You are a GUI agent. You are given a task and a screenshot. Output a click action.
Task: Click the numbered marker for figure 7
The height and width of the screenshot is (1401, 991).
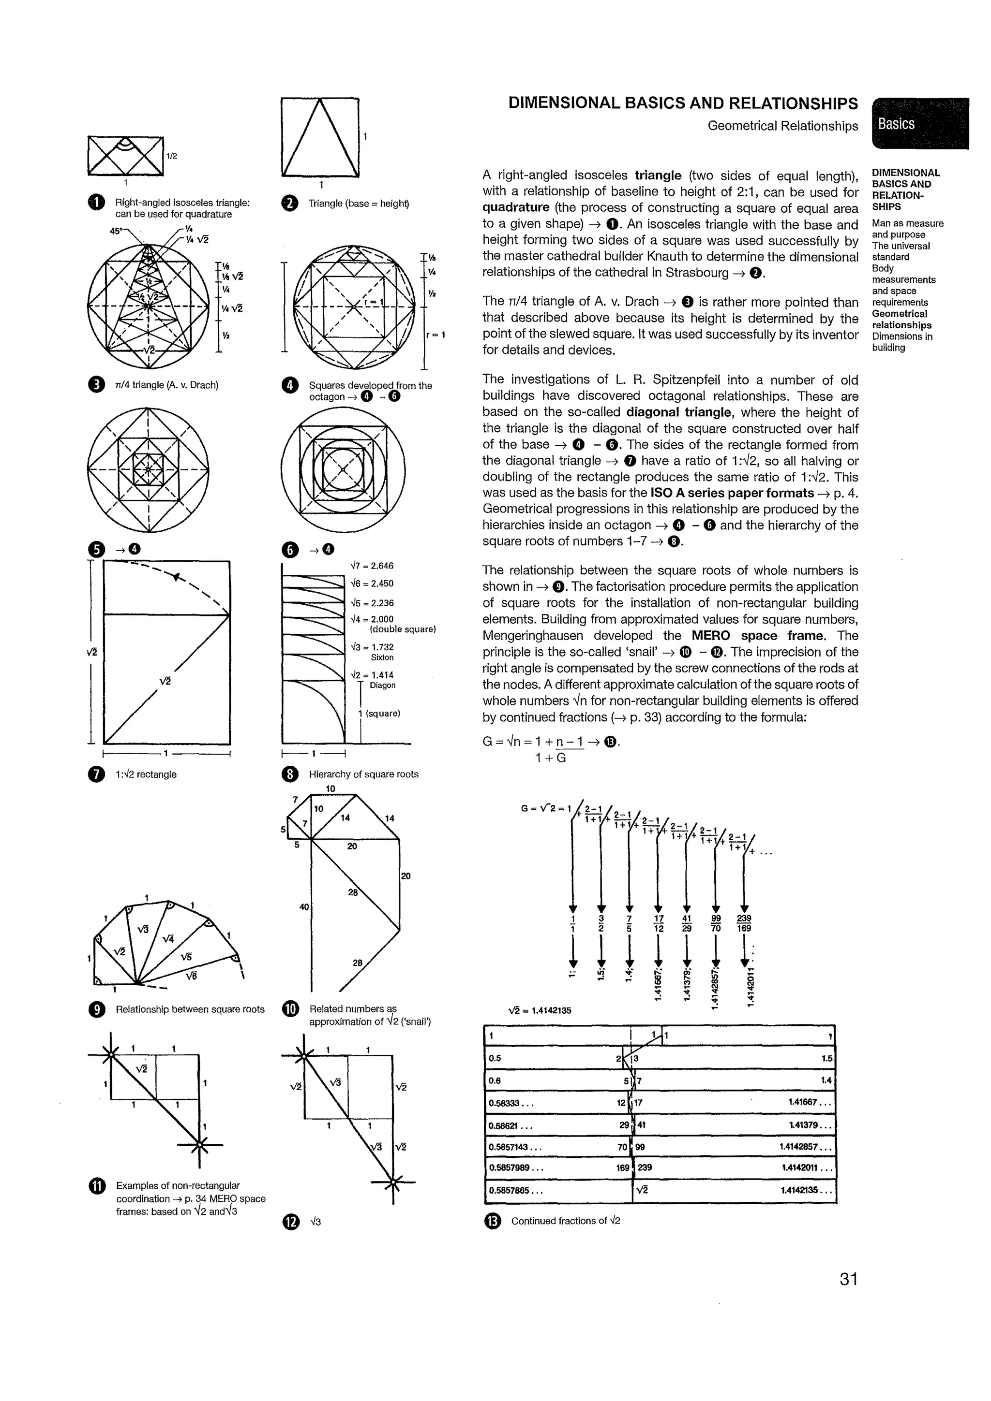coord(96,774)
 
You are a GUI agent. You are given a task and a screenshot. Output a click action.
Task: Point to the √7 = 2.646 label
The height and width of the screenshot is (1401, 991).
coord(372,566)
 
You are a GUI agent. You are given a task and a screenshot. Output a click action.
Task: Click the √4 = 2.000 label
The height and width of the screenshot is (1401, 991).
coord(372,619)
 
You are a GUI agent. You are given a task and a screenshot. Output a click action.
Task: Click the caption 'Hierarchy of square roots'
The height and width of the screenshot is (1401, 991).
coord(363,774)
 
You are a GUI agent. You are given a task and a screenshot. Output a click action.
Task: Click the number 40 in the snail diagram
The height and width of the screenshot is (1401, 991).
coord(304,907)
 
